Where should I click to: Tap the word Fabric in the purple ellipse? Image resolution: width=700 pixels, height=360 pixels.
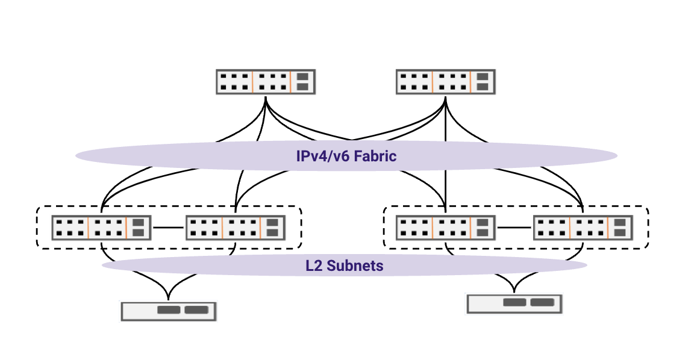point(375,157)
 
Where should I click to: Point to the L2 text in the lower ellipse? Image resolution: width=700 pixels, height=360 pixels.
point(314,265)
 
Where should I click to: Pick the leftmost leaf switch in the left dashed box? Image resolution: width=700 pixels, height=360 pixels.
point(101,228)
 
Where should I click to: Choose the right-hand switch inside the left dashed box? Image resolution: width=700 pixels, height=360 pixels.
point(235,228)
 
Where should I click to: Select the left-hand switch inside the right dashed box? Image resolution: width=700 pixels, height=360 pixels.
point(445,228)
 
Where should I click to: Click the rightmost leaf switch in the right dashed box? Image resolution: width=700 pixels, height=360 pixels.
point(583,228)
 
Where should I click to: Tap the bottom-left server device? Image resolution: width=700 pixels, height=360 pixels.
point(168,311)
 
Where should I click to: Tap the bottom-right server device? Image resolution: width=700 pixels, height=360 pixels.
point(514,303)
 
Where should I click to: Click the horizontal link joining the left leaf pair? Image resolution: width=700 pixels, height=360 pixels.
point(168,228)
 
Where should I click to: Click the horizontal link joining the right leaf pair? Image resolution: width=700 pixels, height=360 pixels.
point(514,228)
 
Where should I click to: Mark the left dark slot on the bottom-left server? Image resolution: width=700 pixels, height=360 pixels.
point(168,310)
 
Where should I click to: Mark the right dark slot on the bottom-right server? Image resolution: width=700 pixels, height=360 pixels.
point(542,303)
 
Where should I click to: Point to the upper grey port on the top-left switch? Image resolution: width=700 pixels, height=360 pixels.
point(302,76)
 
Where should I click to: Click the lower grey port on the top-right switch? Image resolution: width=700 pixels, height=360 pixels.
point(483,87)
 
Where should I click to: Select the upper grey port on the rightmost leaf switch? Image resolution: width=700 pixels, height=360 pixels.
point(620,222)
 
